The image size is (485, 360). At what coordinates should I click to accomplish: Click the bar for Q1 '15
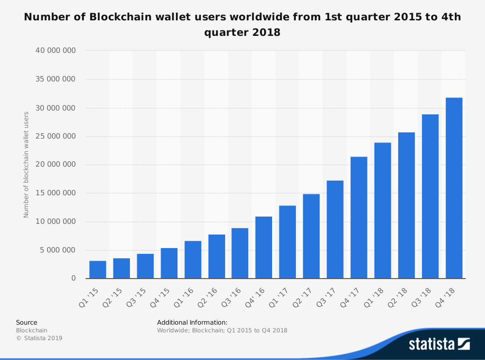[97, 269]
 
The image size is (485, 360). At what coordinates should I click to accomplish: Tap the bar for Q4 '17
[359, 218]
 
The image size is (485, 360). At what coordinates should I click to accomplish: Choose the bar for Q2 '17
[311, 236]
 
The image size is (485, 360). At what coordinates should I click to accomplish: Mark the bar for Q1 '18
[383, 210]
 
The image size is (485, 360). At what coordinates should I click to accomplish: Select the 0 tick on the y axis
[73, 279]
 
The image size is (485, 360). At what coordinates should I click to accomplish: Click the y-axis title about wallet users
[26, 165]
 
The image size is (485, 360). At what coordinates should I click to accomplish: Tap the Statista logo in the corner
[439, 344]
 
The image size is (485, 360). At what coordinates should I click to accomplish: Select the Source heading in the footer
[27, 322]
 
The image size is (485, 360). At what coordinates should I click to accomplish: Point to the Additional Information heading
[192, 322]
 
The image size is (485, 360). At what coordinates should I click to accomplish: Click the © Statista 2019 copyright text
[39, 338]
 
